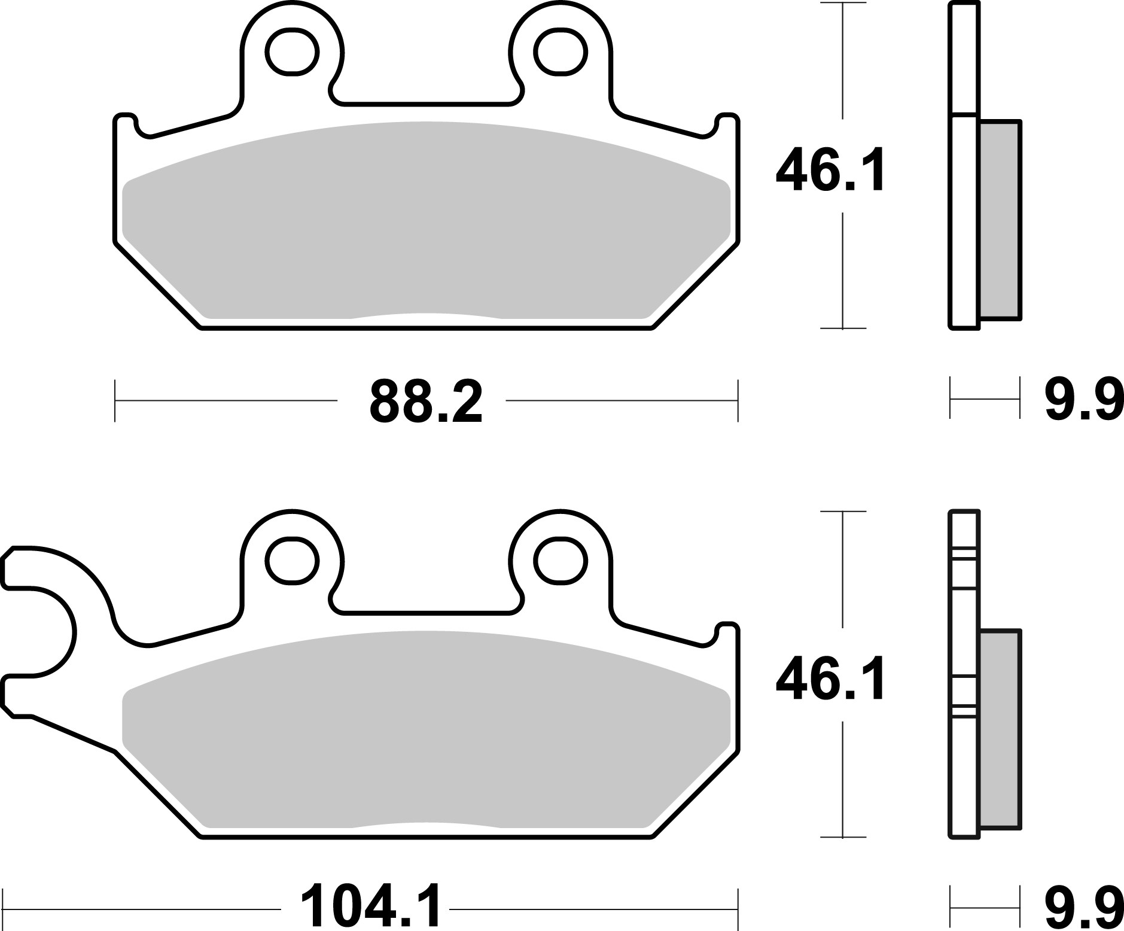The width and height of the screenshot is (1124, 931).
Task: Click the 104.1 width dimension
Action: tap(370, 908)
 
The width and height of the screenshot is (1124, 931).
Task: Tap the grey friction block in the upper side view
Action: tap(1000, 219)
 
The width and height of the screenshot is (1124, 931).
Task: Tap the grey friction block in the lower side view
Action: tap(1000, 728)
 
